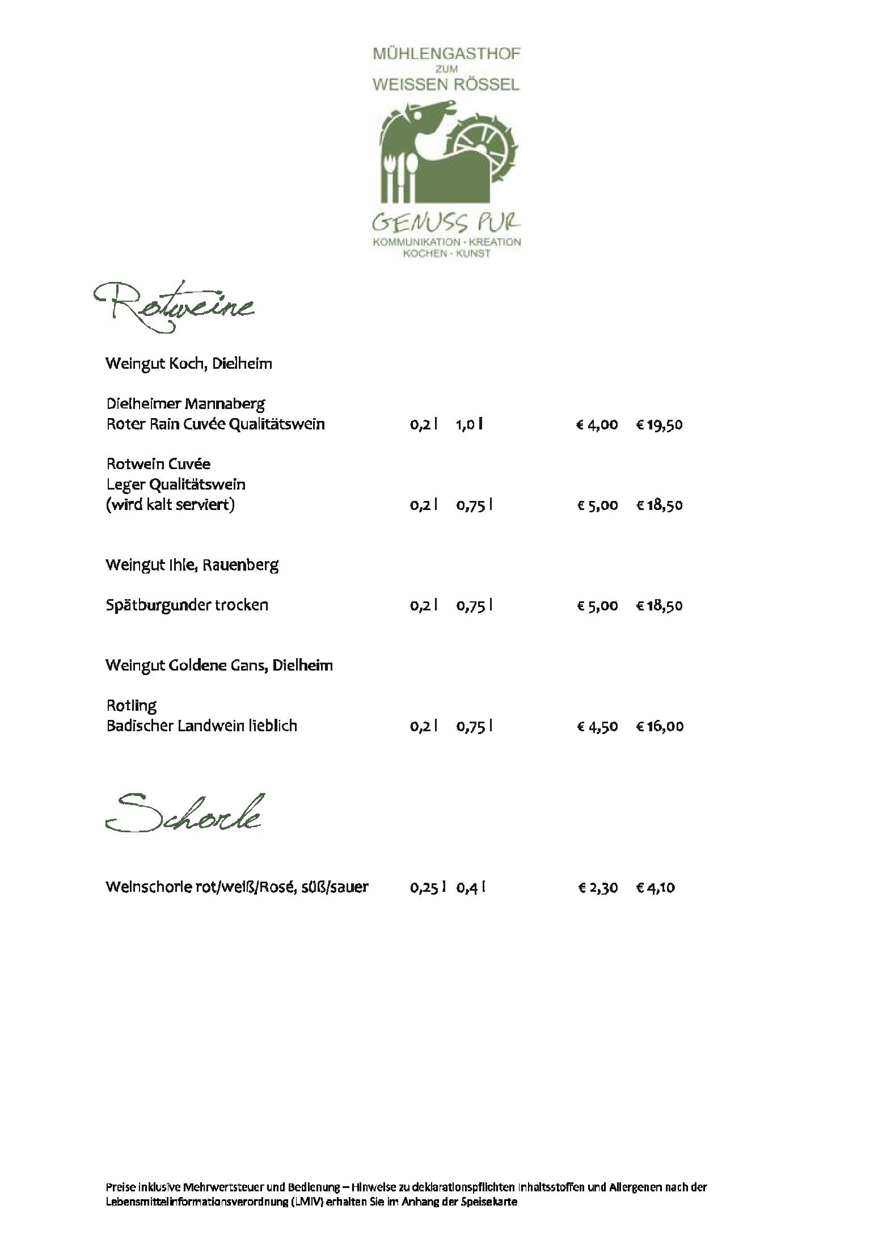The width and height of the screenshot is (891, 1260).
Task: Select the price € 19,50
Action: pos(659,425)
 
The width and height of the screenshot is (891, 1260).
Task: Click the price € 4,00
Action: pos(597,425)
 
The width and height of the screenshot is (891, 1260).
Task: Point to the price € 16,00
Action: pos(660,726)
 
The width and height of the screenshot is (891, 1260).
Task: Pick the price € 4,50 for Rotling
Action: pos(597,726)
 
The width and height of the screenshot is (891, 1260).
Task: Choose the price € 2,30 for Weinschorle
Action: pos(598,887)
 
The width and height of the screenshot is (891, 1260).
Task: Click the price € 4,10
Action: pos(656,887)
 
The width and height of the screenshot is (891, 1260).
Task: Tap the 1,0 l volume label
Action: pos(469,425)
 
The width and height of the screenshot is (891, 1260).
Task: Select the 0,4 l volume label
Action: pos(471,887)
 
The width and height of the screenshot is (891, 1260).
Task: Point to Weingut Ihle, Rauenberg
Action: pos(192,565)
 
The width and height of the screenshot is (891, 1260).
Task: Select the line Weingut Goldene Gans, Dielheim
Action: pos(219,665)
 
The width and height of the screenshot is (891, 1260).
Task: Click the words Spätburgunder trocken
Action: pos(187,605)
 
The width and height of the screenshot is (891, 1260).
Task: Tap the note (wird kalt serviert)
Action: pos(170,505)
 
